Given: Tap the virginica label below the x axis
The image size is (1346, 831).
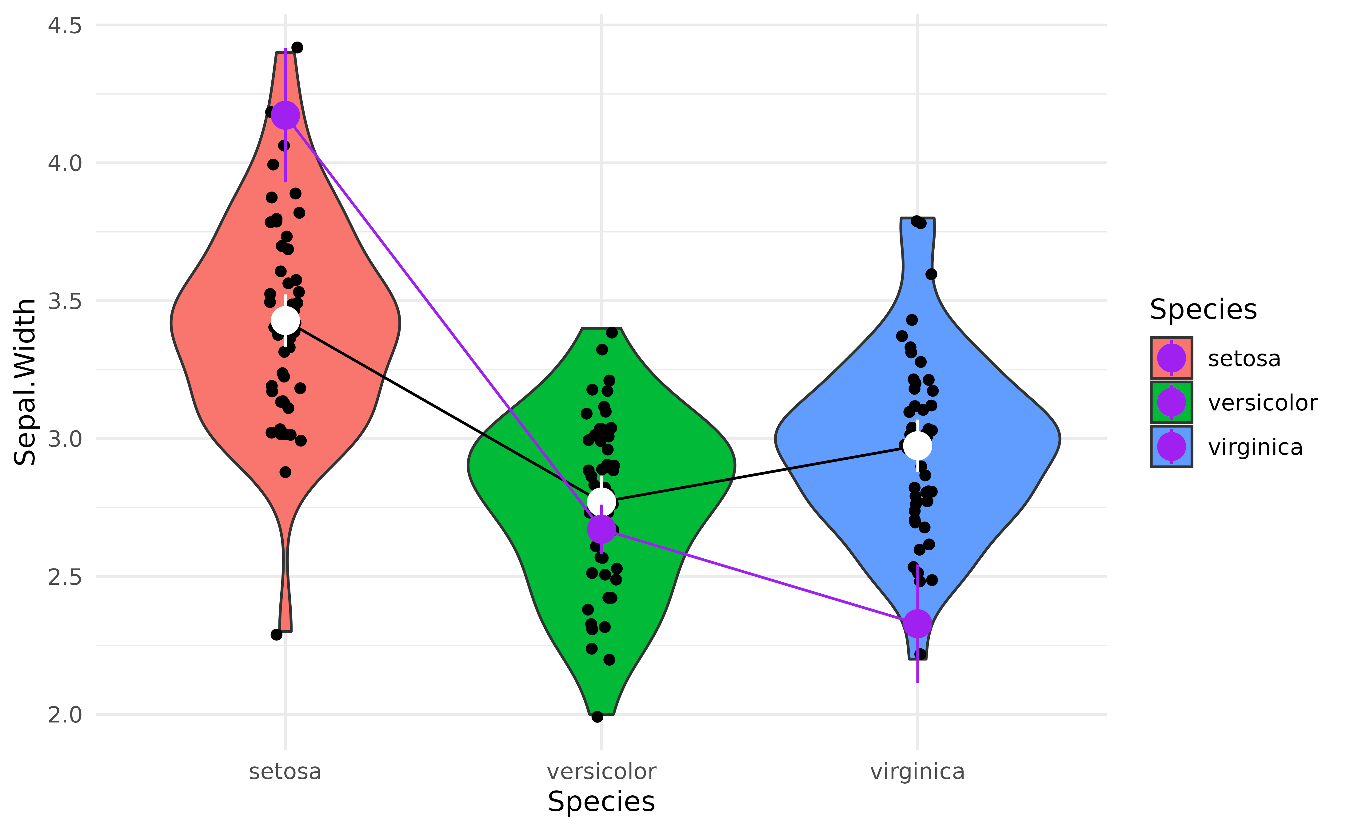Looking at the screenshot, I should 917,772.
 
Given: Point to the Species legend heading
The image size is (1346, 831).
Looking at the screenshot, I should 1203,309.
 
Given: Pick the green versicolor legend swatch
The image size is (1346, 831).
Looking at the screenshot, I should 1171,403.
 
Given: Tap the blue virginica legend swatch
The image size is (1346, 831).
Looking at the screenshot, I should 1171,447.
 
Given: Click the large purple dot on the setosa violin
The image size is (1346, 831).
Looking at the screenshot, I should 286,115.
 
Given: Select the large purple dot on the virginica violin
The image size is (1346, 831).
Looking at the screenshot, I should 917,624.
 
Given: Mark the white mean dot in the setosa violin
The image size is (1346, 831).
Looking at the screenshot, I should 286,320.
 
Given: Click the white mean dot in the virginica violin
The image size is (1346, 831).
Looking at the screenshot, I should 917,445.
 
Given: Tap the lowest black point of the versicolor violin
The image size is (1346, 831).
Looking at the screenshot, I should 597,717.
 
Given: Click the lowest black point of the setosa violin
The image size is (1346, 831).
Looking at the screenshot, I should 277,635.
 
